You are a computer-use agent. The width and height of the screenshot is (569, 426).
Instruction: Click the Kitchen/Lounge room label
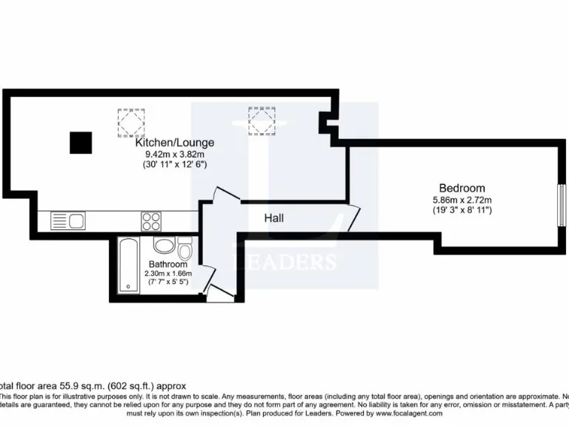175,143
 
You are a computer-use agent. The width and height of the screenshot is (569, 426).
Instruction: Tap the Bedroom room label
462,188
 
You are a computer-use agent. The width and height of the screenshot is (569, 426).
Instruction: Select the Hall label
274,218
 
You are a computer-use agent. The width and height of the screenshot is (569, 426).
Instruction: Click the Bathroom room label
167,264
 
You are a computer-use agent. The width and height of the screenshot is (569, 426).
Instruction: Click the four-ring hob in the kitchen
151,220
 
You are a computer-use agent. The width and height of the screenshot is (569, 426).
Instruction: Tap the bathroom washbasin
164,246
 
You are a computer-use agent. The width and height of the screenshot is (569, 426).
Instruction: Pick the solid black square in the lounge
81,143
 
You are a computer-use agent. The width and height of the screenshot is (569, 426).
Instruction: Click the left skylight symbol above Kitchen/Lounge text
131,121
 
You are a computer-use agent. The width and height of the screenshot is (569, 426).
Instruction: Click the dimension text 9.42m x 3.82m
175,155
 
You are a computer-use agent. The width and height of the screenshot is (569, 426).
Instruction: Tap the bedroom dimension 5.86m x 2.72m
462,200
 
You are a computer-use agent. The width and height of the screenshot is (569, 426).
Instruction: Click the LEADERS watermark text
285,262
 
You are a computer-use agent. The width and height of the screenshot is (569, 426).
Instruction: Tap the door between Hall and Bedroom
353,219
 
